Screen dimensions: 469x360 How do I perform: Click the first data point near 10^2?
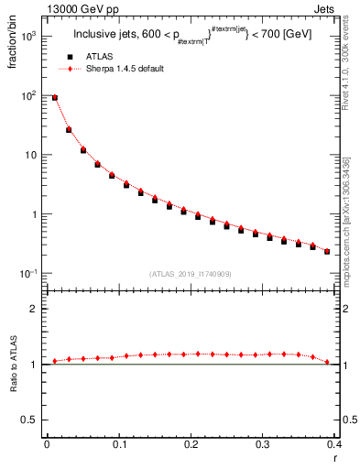point(54,97)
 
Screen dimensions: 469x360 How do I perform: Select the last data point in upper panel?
point(327,251)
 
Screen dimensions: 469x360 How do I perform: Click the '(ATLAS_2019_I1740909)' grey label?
point(190,274)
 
